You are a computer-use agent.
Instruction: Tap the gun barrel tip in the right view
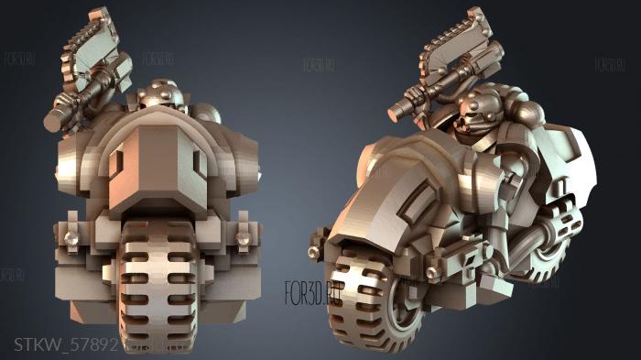tap(399, 111)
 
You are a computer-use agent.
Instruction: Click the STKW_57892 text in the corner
tap(60, 344)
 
